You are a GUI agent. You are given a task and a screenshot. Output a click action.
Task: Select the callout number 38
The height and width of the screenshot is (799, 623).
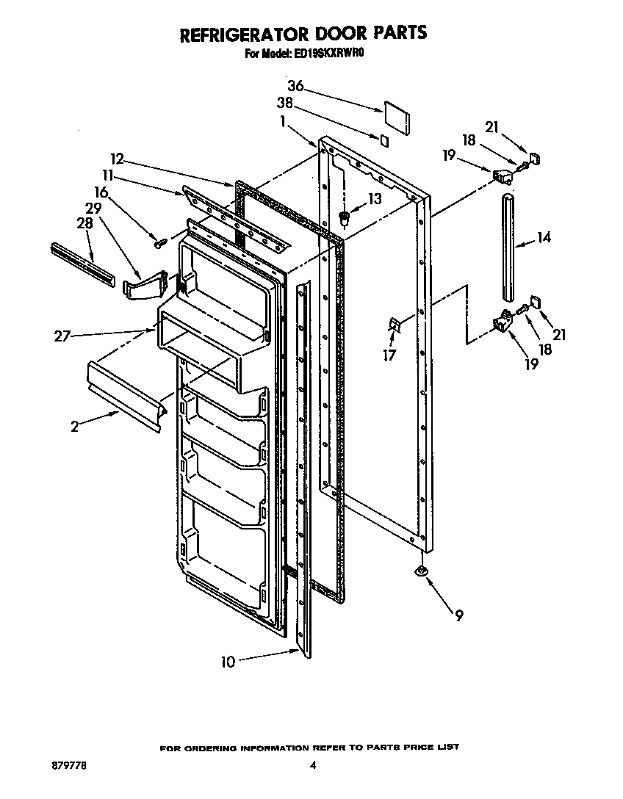coord(286,104)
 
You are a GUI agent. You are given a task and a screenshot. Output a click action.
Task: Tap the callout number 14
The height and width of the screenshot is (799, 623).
coord(544,238)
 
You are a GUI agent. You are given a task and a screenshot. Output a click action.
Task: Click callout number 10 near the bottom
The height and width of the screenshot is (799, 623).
coord(228,662)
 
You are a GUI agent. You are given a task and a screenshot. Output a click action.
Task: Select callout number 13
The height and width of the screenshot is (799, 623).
coord(374,199)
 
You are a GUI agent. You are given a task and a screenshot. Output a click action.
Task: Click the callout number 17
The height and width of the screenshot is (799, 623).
coord(389,355)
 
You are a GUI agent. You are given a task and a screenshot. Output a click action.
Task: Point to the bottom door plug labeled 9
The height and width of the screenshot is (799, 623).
coord(421,573)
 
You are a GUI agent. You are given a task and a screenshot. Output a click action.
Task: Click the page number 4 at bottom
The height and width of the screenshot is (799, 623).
coord(312,764)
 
